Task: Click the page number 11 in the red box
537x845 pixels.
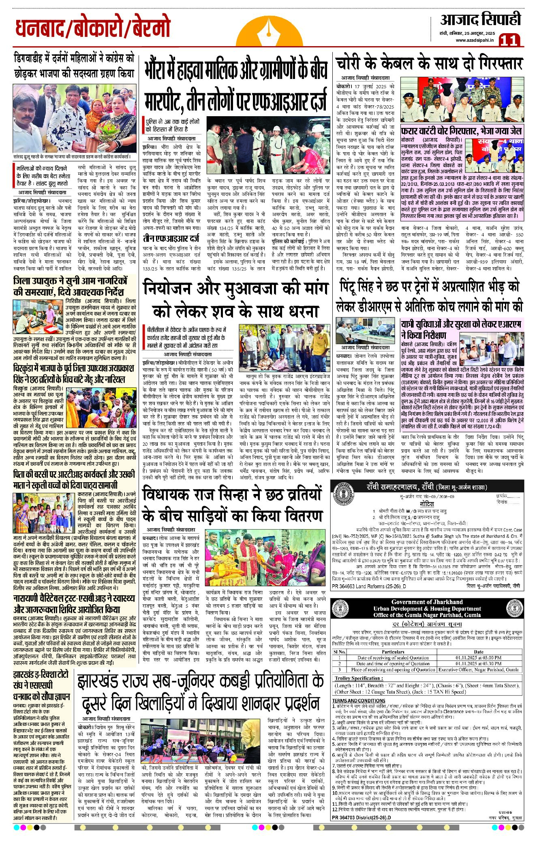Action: point(509,40)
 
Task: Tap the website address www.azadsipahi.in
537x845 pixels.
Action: point(475,40)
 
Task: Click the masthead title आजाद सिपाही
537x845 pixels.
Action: point(480,19)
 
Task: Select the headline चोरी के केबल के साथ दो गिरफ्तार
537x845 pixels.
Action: point(429,64)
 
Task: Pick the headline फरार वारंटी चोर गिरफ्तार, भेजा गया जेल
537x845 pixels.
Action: point(461,131)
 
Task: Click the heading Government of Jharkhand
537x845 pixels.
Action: point(427,602)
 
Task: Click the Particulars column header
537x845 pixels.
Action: point(393,652)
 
